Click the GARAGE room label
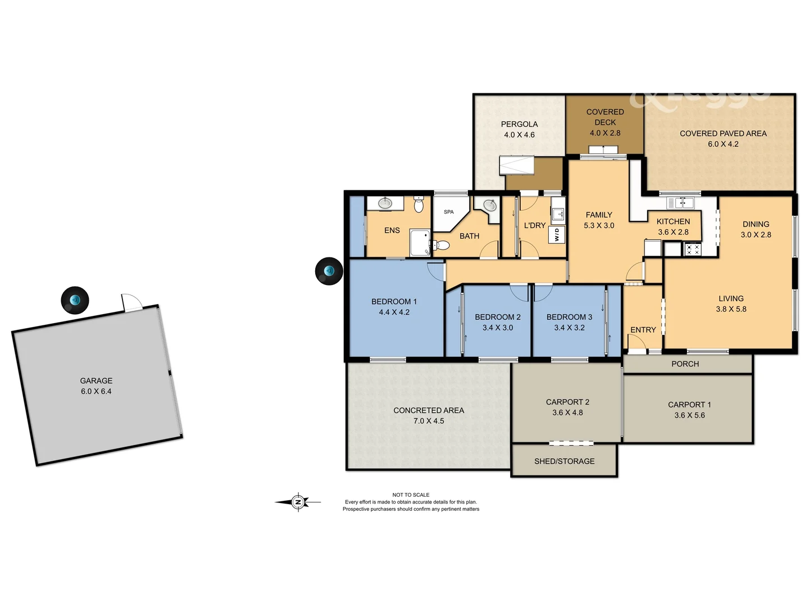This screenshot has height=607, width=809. tap(96, 380)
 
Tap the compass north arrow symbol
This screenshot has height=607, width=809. tap(298, 502)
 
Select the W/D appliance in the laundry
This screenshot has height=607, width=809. tap(557, 234)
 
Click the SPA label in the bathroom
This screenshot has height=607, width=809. tap(448, 212)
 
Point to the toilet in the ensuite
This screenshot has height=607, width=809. tap(419, 205)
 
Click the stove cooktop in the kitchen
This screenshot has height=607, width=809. tap(692, 248)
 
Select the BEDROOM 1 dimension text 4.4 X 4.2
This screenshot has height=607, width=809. tap(394, 312)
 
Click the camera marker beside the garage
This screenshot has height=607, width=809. tap(75, 300)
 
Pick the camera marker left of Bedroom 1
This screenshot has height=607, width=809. tap(329, 271)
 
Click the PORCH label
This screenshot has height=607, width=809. tap(685, 364)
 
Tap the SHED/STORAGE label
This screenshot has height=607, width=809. tap(564, 461)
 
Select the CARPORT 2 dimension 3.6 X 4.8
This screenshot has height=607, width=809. tap(567, 413)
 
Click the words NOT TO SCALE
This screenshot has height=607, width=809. tap(411, 495)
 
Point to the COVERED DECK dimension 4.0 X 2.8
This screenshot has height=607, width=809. tap(605, 133)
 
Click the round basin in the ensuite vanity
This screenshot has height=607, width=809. tap(385, 203)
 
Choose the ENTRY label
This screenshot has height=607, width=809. tap(643, 330)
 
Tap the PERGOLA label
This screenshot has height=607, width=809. tap(519, 124)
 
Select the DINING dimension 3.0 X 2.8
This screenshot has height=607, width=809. tap(756, 234)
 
